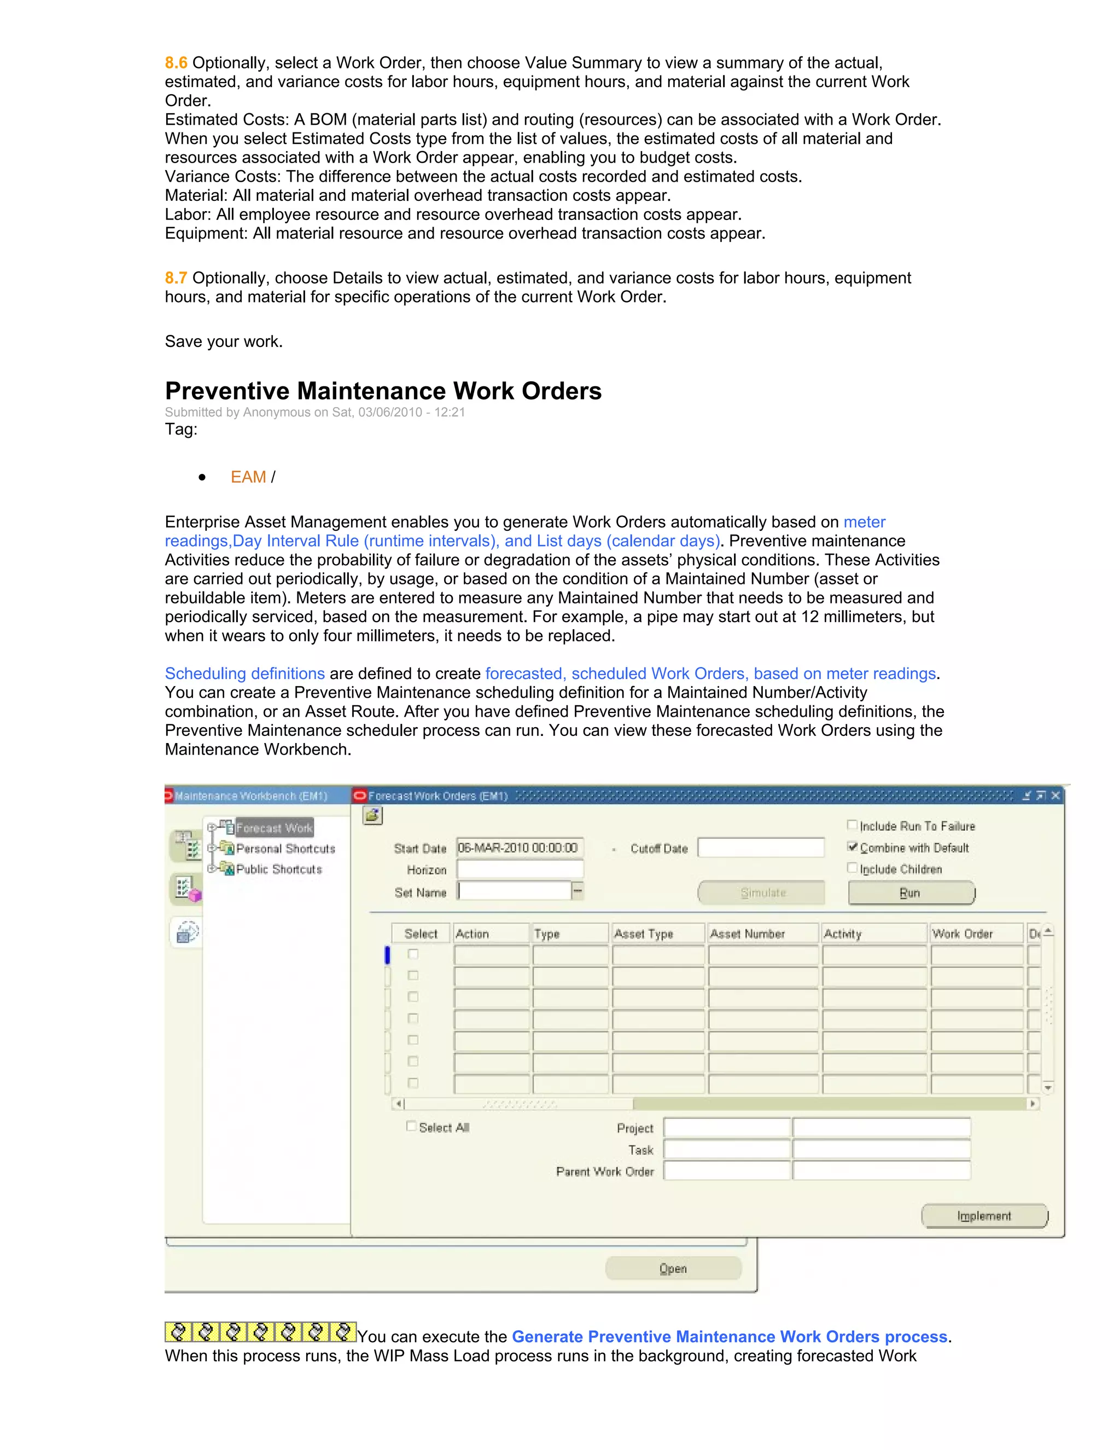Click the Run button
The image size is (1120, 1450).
911,893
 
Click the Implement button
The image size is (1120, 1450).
984,1216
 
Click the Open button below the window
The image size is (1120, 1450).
673,1268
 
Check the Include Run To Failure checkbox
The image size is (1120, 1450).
853,825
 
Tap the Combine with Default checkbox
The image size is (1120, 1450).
853,847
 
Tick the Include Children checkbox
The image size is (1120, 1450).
853,868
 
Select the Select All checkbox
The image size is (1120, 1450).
411,1126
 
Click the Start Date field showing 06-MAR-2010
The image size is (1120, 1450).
519,848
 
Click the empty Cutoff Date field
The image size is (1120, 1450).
760,848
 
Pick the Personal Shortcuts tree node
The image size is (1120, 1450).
285,849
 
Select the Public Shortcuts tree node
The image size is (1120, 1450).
279,869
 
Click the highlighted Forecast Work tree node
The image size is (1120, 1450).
274,828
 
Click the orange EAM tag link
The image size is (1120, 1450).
248,477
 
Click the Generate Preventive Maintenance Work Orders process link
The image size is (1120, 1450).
729,1337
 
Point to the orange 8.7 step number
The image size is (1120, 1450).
176,278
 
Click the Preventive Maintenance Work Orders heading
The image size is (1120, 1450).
383,391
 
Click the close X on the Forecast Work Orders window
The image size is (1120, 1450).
1055,796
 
